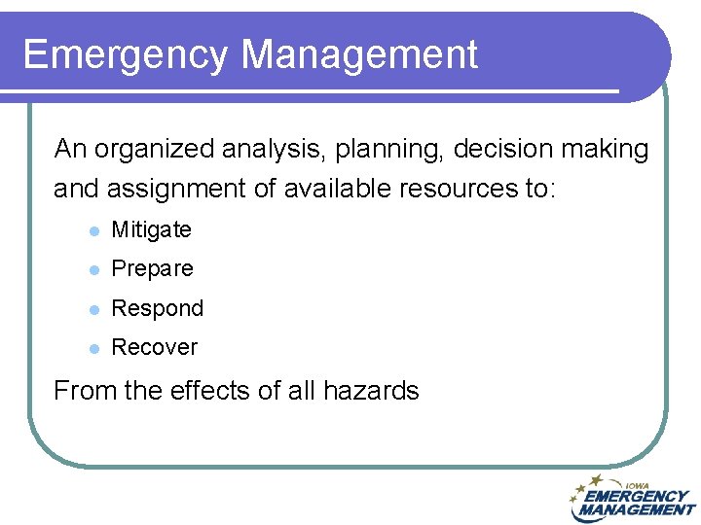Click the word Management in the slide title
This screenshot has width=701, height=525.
(x=359, y=55)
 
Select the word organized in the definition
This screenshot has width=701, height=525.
(x=156, y=150)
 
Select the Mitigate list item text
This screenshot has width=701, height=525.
(x=151, y=230)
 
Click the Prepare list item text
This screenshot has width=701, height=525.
(x=152, y=269)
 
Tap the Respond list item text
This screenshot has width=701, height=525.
(x=157, y=308)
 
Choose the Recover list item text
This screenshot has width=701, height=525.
(x=154, y=347)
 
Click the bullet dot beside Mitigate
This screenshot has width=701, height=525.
(x=92, y=231)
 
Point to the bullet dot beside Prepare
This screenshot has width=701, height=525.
(x=92, y=270)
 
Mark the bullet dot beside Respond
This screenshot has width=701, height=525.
(x=92, y=309)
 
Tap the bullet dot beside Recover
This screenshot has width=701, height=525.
(x=92, y=348)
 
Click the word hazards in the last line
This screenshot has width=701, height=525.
(x=370, y=391)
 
